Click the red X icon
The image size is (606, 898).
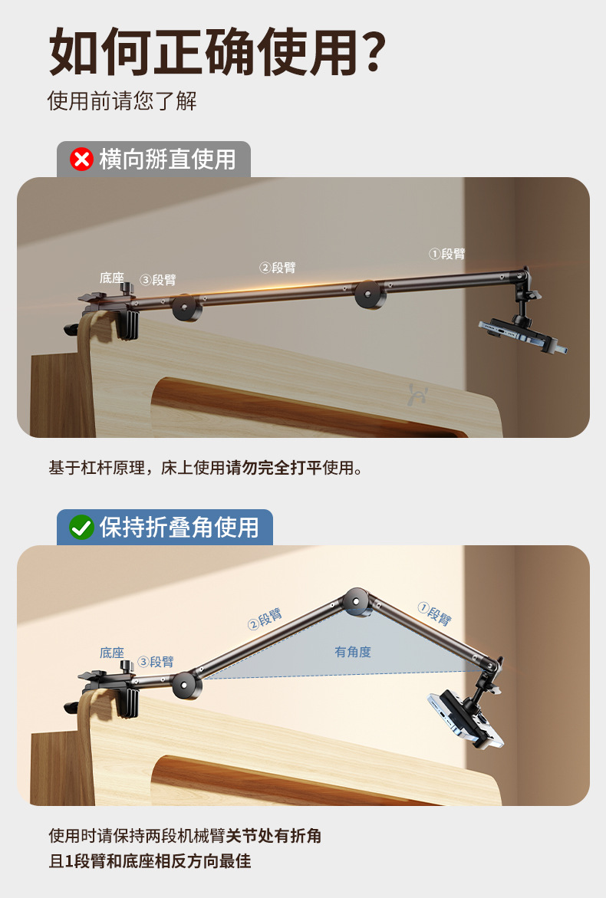tap(81, 160)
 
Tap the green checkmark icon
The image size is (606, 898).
tap(81, 528)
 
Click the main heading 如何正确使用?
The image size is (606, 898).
tap(217, 51)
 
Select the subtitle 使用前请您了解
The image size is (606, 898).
tap(122, 100)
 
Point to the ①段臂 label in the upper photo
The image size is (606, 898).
tap(446, 254)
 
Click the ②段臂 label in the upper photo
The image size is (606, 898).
tap(277, 268)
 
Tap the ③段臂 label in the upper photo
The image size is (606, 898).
tap(157, 279)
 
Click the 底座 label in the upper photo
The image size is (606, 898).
tap(112, 278)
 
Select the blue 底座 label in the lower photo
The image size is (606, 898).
tap(112, 653)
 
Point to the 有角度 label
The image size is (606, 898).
tap(353, 652)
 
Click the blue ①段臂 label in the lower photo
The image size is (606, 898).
tap(435, 613)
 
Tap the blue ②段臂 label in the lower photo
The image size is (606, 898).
tap(265, 619)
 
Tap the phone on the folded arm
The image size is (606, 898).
tap(465, 719)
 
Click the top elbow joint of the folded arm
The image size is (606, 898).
tap(357, 602)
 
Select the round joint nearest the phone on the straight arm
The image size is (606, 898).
tap(370, 294)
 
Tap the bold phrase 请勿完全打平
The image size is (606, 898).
tap(275, 468)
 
